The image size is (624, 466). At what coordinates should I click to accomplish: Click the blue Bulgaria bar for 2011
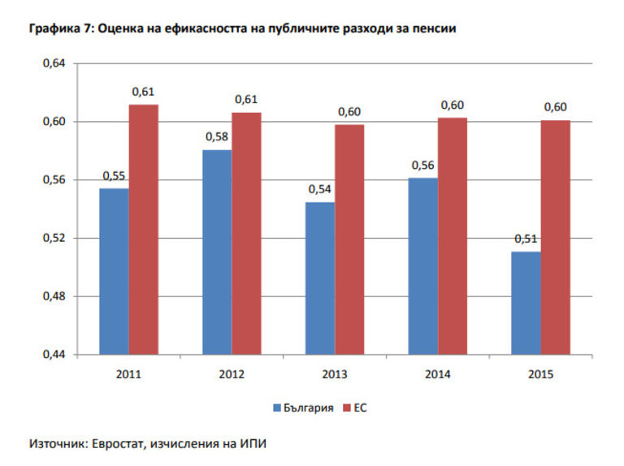[x=114, y=271]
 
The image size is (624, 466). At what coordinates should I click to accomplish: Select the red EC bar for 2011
[x=144, y=229]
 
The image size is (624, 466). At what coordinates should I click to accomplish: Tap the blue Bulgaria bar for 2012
[x=217, y=252]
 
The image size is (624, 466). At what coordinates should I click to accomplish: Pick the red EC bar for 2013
[x=350, y=239]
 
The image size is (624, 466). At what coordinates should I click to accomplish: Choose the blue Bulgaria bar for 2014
[x=423, y=265]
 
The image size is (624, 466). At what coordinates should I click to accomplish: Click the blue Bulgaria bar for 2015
[x=526, y=303]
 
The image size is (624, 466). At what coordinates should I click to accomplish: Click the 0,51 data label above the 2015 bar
[x=526, y=239]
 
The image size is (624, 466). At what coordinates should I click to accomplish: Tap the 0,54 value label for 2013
[x=320, y=189]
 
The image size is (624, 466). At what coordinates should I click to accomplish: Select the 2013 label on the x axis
[x=335, y=374]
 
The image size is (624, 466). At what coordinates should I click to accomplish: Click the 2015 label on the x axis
[x=541, y=374]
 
